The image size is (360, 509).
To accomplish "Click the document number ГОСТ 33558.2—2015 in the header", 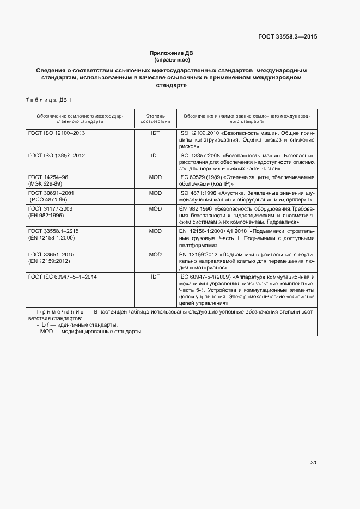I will click(288, 38).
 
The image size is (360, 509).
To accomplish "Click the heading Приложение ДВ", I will click(172, 53).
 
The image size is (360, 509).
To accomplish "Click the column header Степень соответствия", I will click(155, 119).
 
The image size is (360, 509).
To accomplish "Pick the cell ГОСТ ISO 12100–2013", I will click(57, 133).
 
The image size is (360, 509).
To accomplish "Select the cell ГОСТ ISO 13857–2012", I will click(57, 155).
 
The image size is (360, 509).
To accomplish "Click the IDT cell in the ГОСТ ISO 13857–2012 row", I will click(155, 155).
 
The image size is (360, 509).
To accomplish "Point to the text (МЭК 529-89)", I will click(46, 185).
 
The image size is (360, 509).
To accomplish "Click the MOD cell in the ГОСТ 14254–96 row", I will click(155, 177).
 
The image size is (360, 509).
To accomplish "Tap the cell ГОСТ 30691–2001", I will click(51, 193).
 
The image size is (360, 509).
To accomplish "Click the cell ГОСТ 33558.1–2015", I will click(53, 231).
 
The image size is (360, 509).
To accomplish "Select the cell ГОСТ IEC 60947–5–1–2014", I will click(63, 277).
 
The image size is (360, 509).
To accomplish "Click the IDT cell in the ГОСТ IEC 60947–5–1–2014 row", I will click(155, 277).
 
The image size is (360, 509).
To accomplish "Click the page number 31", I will click(313, 463).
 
